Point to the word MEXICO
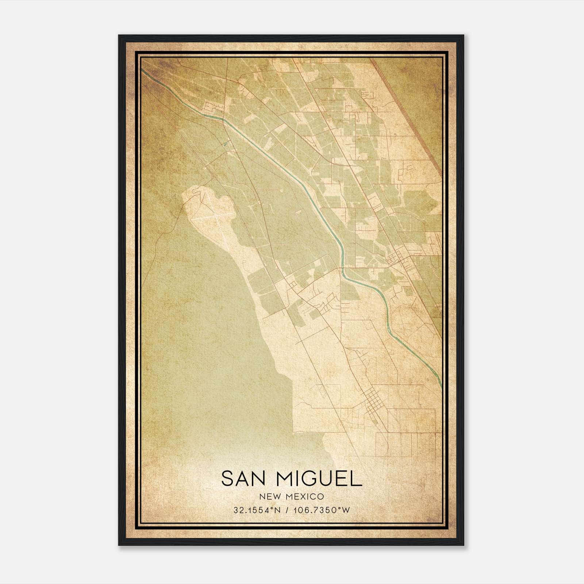[x=304, y=496]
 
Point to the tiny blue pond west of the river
[x=225, y=144]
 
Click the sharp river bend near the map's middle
[x=343, y=268]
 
